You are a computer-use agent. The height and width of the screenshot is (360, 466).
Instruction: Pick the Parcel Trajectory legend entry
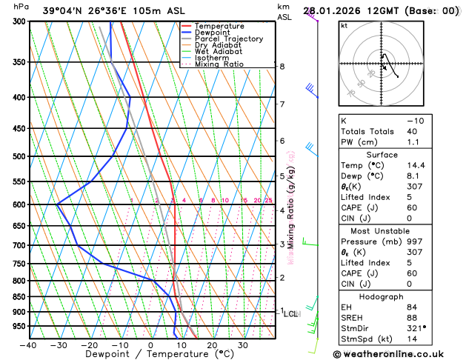tap(229, 39)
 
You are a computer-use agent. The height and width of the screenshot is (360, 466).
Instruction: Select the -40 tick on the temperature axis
tap(28, 345)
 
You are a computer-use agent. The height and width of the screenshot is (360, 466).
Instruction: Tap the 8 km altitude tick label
tap(282, 67)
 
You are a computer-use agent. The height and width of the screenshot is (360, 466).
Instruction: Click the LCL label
tap(290, 314)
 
